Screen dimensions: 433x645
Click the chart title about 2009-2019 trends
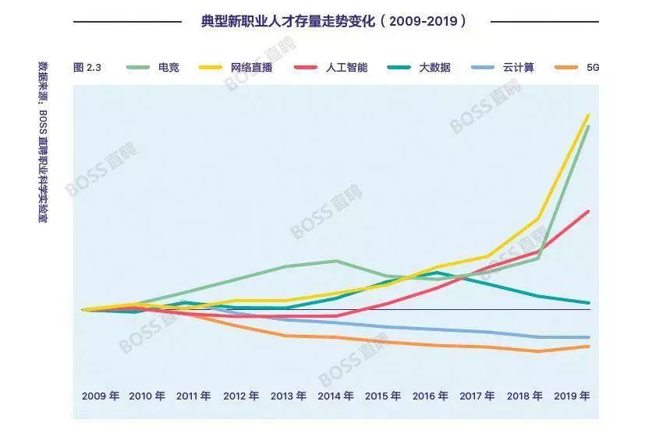coord(335,21)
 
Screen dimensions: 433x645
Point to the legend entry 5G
coord(593,68)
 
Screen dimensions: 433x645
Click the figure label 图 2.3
coord(87,68)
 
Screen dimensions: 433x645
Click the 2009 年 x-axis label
coord(100,396)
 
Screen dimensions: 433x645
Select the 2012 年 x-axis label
coord(241,396)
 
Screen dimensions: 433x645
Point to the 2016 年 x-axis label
coord(431,396)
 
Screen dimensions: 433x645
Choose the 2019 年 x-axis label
coord(572,396)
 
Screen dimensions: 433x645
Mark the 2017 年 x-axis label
coord(477,396)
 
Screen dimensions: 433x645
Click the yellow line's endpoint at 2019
coord(588,114)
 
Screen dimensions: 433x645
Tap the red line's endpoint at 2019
coord(588,211)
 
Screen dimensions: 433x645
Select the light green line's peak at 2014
coord(335,261)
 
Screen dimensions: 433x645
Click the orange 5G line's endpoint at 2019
coord(588,347)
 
